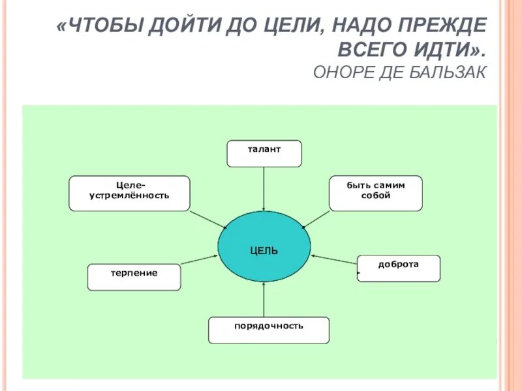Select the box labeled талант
coord(264,153)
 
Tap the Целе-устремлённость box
coord(129,193)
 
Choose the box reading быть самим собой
coord(375,193)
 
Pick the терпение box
coord(134,277)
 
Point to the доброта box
coord(399,268)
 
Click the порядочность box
coord(269,330)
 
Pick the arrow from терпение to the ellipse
coord(199,259)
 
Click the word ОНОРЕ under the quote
coord(342,72)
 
